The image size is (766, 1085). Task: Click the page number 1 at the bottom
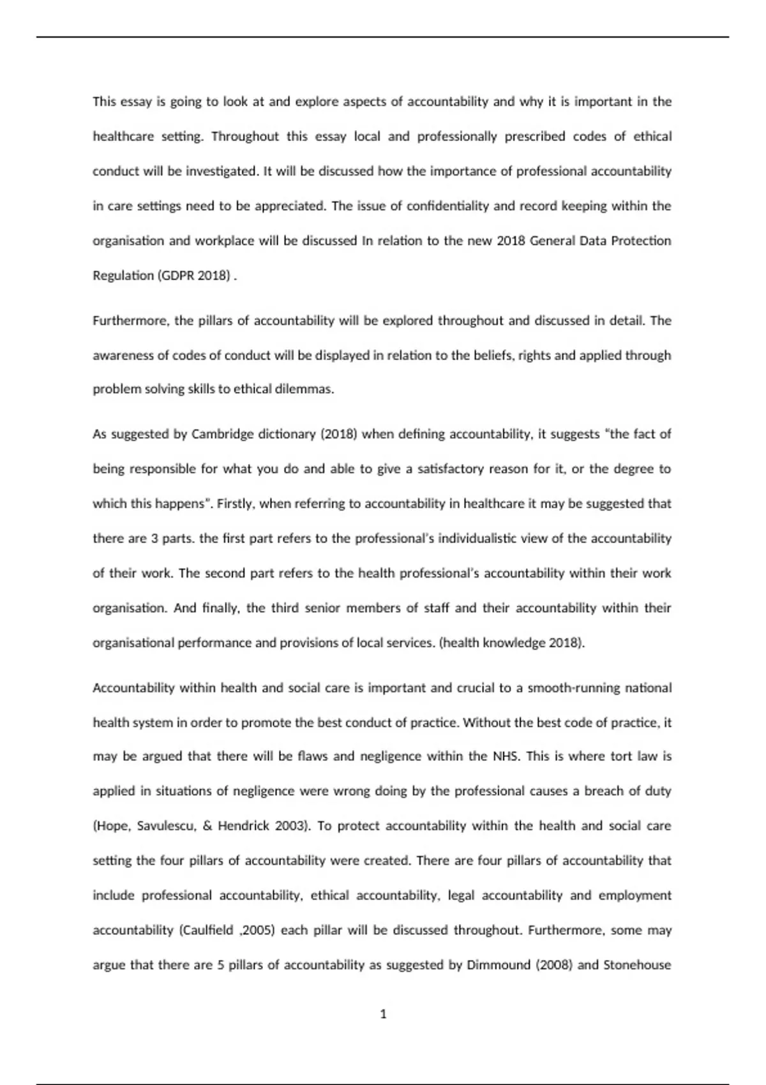coord(383,1014)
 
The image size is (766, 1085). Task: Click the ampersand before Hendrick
coord(207,826)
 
